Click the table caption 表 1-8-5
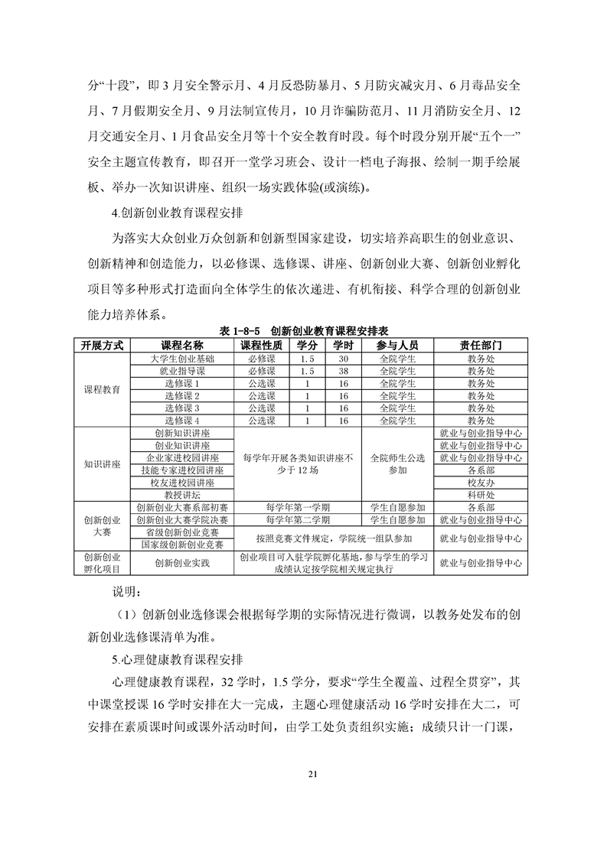(x=240, y=330)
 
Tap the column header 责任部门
(x=481, y=345)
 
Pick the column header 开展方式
(x=103, y=345)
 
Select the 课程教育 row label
(x=103, y=389)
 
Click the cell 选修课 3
(x=182, y=408)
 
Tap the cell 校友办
(x=481, y=483)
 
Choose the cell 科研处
(x=481, y=495)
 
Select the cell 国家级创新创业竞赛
(x=182, y=544)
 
